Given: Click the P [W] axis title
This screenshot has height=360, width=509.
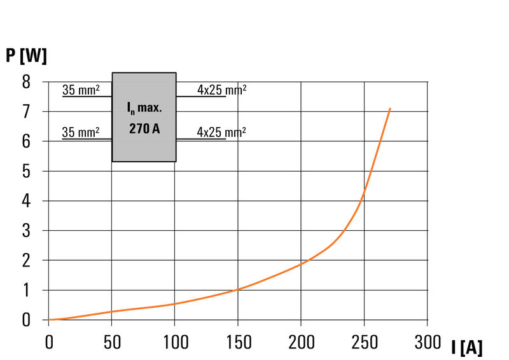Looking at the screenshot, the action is click(x=26, y=56).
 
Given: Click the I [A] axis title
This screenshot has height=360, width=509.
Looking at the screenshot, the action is click(x=467, y=347).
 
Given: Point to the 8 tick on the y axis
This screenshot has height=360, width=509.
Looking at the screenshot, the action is click(x=26, y=82).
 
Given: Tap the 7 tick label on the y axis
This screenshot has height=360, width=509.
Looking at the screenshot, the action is click(x=26, y=112).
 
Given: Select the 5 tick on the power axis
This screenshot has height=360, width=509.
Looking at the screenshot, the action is click(x=26, y=171).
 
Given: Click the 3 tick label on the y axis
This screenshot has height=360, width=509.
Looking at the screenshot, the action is click(x=26, y=230).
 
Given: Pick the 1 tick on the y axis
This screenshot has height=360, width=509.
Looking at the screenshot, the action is click(x=26, y=290).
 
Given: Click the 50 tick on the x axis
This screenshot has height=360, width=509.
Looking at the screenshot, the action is click(x=112, y=342).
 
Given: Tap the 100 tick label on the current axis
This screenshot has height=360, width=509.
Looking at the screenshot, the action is click(x=176, y=342).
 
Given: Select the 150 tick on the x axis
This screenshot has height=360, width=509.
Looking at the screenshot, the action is click(x=239, y=342).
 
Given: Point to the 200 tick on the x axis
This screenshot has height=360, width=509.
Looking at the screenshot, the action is click(x=302, y=342).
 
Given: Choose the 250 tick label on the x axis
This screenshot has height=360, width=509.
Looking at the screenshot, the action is click(x=365, y=342).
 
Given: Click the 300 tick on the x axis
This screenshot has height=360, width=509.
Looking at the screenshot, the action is click(x=428, y=342).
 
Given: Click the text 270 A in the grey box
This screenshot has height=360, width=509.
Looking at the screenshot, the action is click(x=144, y=128).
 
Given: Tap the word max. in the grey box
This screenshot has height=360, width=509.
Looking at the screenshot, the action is click(x=150, y=107).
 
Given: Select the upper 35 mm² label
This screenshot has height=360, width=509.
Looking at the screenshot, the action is click(x=81, y=90).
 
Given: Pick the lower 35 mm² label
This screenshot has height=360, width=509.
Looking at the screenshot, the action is click(x=81, y=132).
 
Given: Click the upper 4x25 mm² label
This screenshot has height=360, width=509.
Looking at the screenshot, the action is click(x=221, y=90).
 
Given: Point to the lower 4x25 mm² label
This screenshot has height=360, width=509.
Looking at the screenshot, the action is click(x=221, y=132).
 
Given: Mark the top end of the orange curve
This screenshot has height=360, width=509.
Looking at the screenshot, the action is click(x=390, y=109).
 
